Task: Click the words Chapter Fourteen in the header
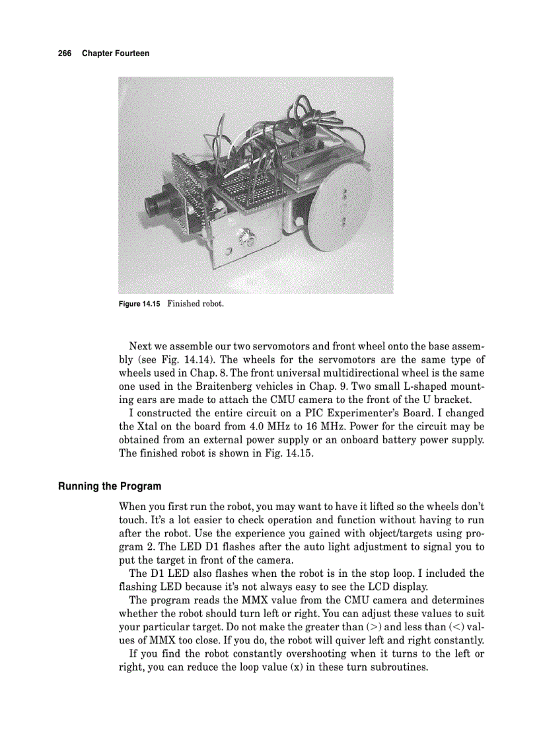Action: (116, 53)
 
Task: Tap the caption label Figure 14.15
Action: (139, 304)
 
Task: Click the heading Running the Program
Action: (110, 486)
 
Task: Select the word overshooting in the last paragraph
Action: (310, 653)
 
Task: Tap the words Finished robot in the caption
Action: (196, 304)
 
